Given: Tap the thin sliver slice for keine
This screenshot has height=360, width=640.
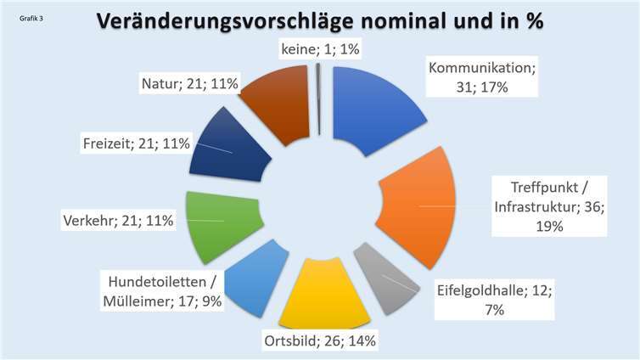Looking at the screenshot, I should (318, 100).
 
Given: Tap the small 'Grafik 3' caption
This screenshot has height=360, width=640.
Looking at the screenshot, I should (32, 15).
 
